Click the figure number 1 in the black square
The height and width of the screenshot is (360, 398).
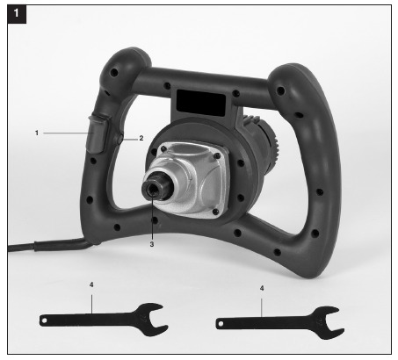(17, 13)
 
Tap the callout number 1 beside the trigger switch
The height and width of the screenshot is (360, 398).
(37, 133)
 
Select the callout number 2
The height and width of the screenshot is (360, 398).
(141, 138)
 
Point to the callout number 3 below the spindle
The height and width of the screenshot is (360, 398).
(152, 244)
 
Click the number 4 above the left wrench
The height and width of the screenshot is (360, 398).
(91, 284)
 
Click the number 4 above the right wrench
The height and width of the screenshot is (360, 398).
(262, 288)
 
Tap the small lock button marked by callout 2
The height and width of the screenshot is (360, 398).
(119, 139)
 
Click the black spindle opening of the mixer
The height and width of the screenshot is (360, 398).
(152, 190)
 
